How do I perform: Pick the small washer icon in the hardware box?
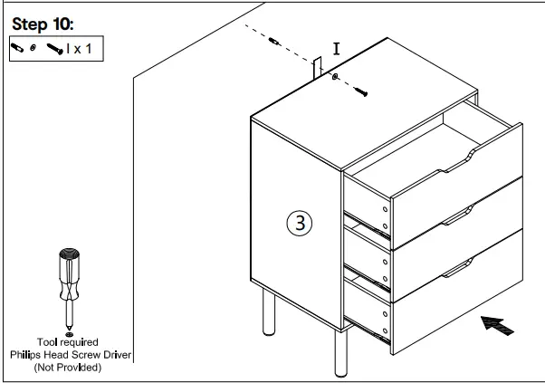click(33, 48)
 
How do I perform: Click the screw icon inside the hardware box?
click(53, 48)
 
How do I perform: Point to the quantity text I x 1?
click(79, 48)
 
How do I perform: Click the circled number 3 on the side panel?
click(299, 223)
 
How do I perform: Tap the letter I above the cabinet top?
click(336, 50)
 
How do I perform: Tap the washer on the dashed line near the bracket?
click(337, 79)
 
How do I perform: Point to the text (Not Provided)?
click(68, 368)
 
